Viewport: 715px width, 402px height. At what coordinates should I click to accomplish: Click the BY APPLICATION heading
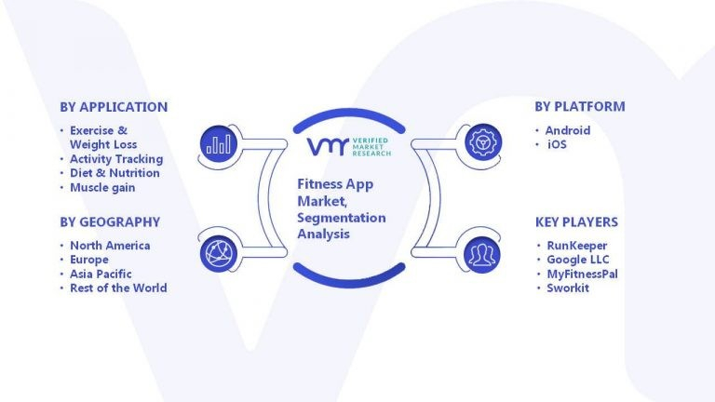(x=114, y=107)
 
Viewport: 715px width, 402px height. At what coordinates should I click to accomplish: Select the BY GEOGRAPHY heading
(x=110, y=222)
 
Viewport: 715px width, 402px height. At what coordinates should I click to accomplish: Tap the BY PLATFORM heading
(x=579, y=107)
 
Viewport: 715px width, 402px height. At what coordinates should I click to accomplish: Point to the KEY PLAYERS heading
(x=576, y=222)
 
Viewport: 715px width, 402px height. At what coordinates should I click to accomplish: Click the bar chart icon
(x=218, y=142)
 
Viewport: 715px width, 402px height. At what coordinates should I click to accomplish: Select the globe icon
(x=218, y=254)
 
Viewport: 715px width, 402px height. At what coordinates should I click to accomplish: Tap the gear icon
(x=482, y=142)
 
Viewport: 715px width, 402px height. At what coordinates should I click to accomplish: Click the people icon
(x=482, y=254)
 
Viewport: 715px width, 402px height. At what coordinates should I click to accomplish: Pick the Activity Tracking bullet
(x=115, y=159)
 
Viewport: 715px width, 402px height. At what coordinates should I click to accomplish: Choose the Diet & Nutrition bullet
(x=115, y=173)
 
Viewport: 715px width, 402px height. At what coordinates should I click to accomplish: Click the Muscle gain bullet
(x=102, y=187)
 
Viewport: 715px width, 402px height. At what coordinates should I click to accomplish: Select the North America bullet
(x=110, y=246)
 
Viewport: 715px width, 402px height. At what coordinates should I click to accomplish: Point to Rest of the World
(x=118, y=288)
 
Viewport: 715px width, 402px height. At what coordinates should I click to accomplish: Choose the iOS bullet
(x=557, y=144)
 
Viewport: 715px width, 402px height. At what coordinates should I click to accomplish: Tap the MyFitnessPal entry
(x=583, y=274)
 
